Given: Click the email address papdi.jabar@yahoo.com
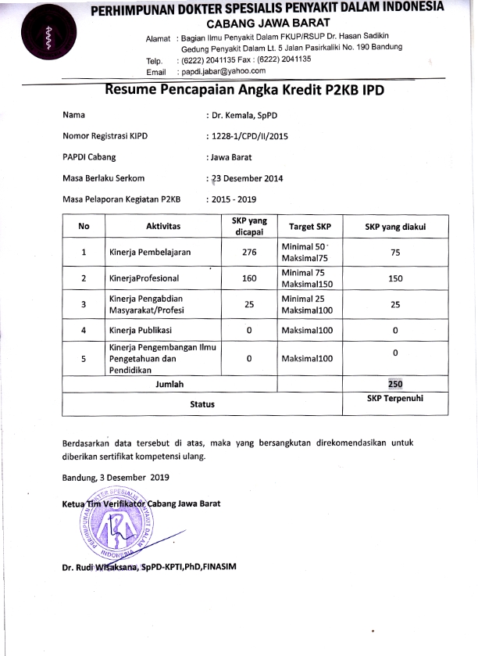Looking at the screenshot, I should tap(222, 71).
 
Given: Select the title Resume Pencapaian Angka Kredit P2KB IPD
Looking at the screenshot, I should tap(244, 90).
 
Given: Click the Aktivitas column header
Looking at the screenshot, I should tap(163, 226).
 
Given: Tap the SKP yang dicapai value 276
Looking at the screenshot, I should tap(248, 253).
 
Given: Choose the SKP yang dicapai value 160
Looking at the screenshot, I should tap(248, 278).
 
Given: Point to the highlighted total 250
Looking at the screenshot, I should tap(395, 384).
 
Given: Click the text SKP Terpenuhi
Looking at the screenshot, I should tap(394, 398).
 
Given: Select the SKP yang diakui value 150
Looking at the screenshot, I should tap(395, 278).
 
